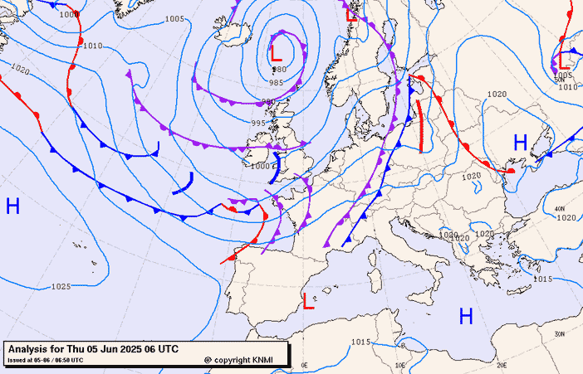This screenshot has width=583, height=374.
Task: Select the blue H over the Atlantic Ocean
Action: coord(12,206)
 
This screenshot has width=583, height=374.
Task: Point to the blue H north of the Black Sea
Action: coord(520,143)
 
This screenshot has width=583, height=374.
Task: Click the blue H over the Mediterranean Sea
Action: coord(466,315)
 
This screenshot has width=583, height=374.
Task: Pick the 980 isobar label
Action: coord(279,69)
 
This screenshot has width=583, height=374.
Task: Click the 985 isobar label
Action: coord(276,83)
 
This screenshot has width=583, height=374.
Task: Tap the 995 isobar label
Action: coord(258,123)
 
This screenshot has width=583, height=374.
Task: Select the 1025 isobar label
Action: coord(60,287)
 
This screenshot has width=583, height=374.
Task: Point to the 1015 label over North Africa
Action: coord(360,342)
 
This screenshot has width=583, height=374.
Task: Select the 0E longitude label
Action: coord(304,365)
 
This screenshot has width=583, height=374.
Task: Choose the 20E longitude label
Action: coord(501,365)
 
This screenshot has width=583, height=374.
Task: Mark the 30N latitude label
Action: coord(560,333)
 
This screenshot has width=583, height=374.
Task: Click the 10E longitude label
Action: coord(399,365)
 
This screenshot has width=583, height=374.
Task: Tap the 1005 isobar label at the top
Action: coord(174,18)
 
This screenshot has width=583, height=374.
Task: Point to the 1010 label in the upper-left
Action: coord(92,46)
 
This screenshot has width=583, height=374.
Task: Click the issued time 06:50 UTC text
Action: coord(65,360)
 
